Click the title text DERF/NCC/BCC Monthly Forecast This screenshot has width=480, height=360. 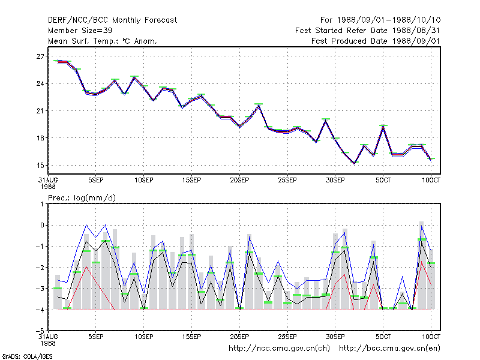(x=112, y=20)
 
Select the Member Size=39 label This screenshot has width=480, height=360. (x=80, y=31)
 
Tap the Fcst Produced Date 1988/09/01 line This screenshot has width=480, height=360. (x=376, y=41)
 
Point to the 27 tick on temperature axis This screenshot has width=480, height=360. (x=40, y=56)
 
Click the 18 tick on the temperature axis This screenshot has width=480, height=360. (x=40, y=138)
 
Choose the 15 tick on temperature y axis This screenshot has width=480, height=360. (x=40, y=166)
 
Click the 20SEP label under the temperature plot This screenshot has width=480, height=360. (x=239, y=180)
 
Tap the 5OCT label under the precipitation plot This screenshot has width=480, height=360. (x=383, y=337)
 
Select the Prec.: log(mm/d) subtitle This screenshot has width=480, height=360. (x=82, y=198)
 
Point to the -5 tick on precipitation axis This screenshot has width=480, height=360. (x=40, y=331)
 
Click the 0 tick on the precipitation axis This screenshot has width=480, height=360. (x=42, y=225)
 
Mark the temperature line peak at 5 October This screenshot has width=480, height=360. (x=383, y=127)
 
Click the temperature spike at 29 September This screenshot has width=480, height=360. (x=326, y=121)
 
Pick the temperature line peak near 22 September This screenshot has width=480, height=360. (x=259, y=106)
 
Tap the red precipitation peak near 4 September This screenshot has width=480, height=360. (x=86, y=266)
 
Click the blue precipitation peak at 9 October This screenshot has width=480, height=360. (x=422, y=226)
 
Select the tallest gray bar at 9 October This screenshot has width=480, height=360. (x=422, y=265)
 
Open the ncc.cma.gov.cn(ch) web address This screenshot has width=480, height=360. (x=279, y=348)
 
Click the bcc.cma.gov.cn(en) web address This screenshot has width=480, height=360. (x=389, y=348)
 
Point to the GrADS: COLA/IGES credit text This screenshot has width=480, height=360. (x=27, y=356)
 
